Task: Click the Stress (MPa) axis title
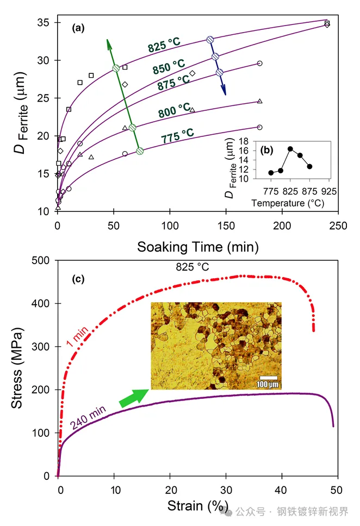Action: pyautogui.click(x=17, y=368)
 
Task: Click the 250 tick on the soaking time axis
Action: pyautogui.click(x=338, y=225)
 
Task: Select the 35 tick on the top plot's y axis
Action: pyautogui.click(x=45, y=23)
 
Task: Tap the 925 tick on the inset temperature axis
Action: pyautogui.click(x=329, y=191)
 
